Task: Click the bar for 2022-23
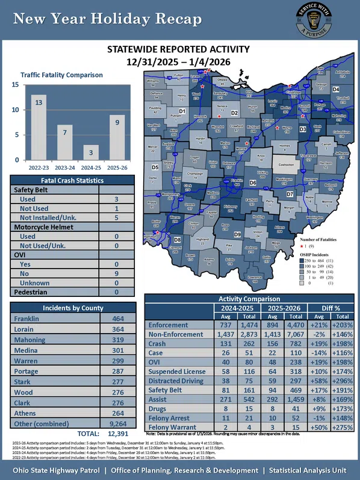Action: pyautogui.click(x=39, y=127)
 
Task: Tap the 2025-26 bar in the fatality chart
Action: pyautogui.click(x=117, y=137)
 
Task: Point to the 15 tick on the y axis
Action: pyautogui.click(x=14, y=85)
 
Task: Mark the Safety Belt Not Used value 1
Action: pyautogui.click(x=116, y=208)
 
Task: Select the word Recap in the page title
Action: pyautogui.click(x=173, y=20)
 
